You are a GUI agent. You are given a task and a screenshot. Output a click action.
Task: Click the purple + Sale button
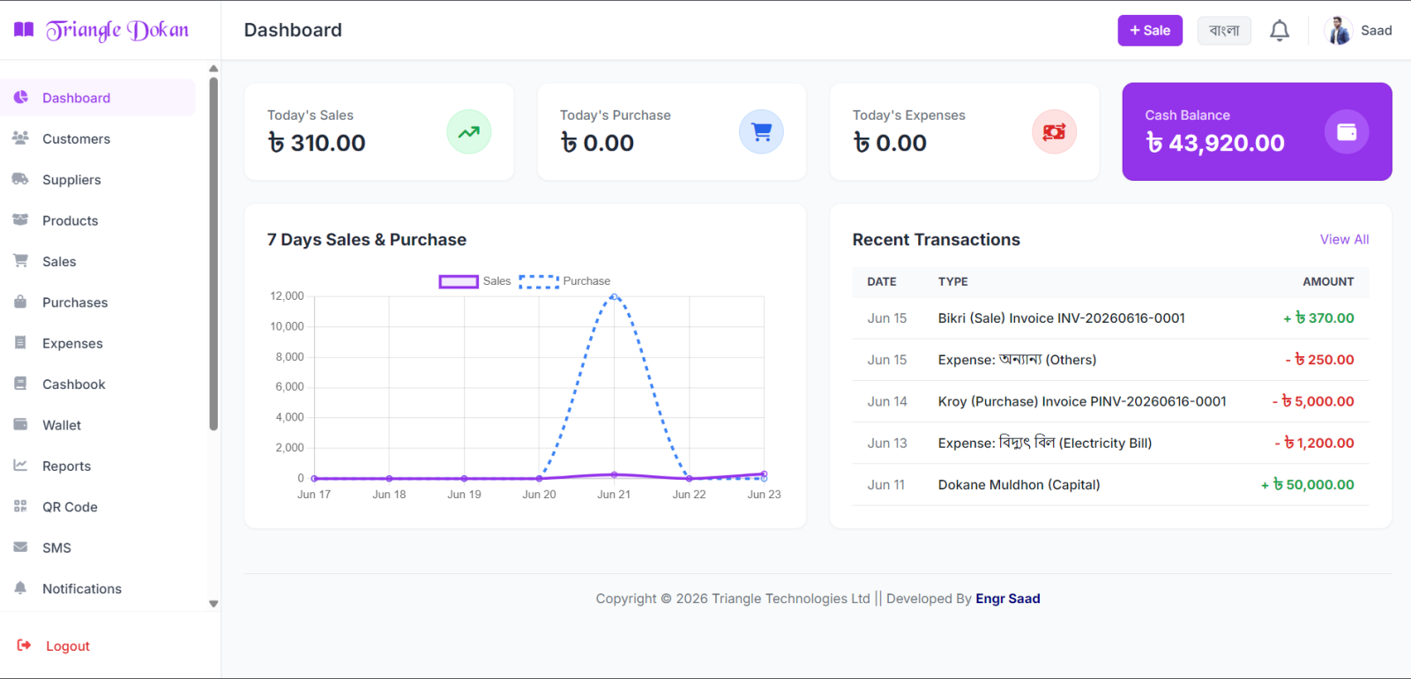[x=1150, y=30]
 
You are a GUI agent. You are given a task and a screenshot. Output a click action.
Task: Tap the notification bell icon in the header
[x=1280, y=30]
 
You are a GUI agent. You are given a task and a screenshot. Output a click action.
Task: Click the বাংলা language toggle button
[x=1224, y=30]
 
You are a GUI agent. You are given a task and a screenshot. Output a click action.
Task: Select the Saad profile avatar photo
[x=1339, y=30]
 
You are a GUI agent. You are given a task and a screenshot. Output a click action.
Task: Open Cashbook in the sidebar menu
[x=74, y=384]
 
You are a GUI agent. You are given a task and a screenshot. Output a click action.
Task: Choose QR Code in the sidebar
[x=70, y=507]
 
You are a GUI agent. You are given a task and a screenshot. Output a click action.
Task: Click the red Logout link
[x=67, y=645]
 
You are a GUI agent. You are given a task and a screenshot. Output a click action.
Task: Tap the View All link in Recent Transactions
[x=1344, y=239]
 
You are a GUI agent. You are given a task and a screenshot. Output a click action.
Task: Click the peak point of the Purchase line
[x=614, y=296]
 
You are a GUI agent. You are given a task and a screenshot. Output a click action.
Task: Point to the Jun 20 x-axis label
[x=539, y=495]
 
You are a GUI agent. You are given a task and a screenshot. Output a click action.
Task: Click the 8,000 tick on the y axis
[x=289, y=356]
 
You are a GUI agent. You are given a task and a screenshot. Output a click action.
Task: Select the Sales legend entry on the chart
[x=474, y=281]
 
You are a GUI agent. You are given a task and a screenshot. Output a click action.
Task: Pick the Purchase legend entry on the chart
[x=564, y=281]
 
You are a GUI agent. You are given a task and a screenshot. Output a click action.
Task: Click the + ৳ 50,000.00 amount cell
[x=1307, y=484]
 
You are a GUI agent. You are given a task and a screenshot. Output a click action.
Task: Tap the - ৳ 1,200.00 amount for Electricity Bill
[x=1314, y=443]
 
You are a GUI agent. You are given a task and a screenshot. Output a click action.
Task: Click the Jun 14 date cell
[x=887, y=401]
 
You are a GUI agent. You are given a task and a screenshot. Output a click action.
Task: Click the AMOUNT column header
[x=1328, y=281]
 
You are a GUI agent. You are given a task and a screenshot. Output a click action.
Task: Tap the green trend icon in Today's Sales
[x=468, y=131]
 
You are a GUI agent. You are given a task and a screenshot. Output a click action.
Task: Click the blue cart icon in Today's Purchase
[x=762, y=131]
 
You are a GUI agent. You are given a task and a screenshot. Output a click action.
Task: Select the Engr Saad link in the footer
[x=1008, y=599]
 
